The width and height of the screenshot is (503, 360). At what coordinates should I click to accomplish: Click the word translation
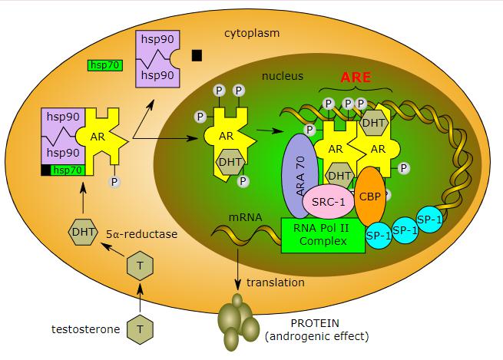[x=276, y=282]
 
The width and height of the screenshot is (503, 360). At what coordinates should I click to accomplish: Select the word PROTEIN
[x=315, y=323]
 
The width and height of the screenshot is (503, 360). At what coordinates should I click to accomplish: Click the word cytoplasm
[x=252, y=34]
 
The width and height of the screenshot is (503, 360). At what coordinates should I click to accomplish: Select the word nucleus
[x=283, y=76]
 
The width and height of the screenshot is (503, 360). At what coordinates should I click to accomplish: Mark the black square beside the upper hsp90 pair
[x=197, y=54]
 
